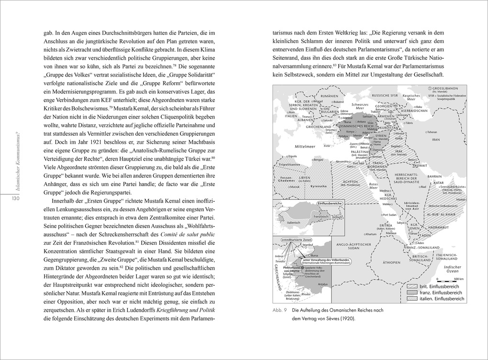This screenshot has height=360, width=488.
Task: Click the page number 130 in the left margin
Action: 15,198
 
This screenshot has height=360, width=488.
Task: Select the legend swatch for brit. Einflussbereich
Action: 412,286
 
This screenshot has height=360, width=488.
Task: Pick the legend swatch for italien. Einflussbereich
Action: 412,298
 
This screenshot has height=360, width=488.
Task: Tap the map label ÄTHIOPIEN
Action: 391,262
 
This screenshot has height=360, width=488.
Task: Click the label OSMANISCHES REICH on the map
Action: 360,126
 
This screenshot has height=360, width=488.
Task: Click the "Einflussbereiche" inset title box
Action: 330,203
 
